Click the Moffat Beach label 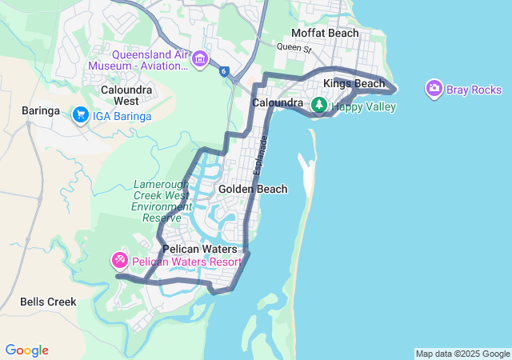325,33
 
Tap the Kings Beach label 354,83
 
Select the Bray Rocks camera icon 434,88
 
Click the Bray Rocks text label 474,90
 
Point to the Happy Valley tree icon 319,105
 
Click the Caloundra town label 277,103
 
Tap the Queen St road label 293,47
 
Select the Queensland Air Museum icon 200,58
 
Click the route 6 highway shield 225,72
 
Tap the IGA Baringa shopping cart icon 81,116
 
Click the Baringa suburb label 41,110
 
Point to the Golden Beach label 253,189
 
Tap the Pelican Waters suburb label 199,249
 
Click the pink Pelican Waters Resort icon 119,261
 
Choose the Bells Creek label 48,302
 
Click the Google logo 26,350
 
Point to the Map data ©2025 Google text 462,354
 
